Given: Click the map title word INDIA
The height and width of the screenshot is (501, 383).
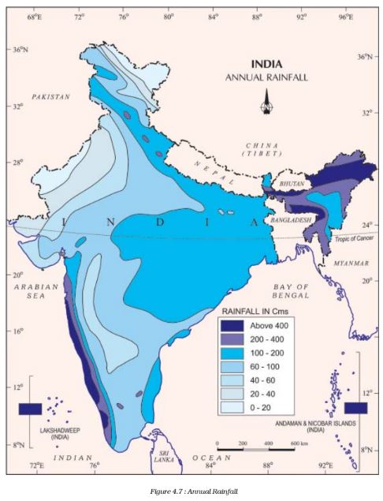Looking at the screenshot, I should [268, 65].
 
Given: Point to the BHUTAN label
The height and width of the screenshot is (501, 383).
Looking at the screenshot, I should [288, 181].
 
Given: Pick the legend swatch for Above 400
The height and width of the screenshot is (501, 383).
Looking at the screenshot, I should [232, 324].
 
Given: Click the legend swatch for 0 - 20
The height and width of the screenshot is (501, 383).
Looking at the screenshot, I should [232, 409].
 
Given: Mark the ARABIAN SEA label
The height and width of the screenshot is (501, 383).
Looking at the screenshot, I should [34, 291].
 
